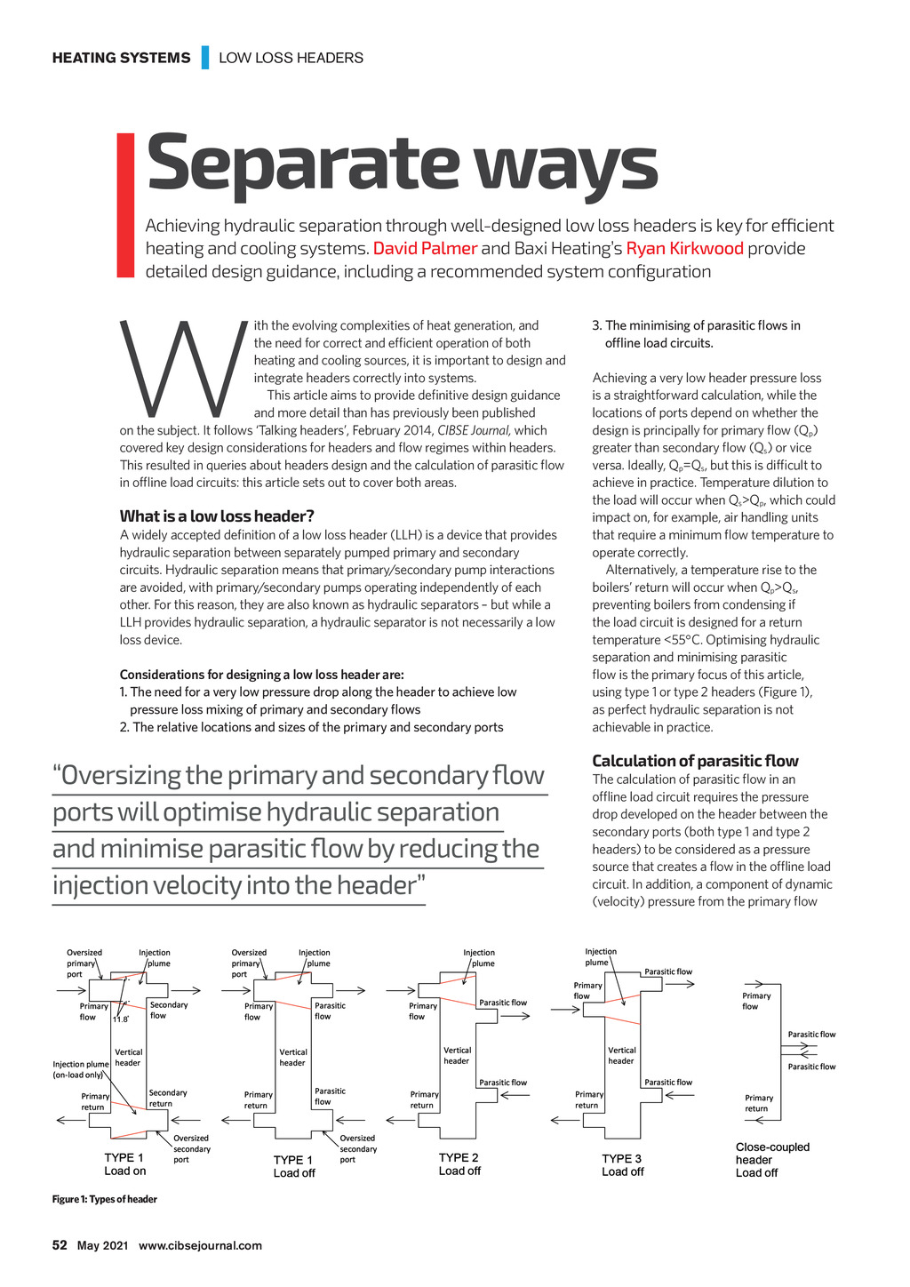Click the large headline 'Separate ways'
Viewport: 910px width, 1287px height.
point(402,164)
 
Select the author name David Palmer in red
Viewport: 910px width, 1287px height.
point(425,249)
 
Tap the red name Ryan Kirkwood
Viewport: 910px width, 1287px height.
point(684,249)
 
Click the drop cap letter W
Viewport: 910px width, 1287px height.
point(183,368)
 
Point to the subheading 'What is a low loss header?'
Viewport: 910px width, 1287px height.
point(217,516)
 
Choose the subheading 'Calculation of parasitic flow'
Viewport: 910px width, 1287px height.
point(695,761)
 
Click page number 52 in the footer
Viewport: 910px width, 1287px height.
point(60,1245)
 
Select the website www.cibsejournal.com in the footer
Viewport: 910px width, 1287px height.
point(200,1245)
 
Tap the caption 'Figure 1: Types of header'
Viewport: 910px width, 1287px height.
point(105,1200)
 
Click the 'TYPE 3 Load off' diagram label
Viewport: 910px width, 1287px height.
point(622,1165)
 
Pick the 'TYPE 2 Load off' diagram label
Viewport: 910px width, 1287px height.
point(459,1164)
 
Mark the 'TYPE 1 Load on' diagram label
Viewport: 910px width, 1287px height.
point(124,1164)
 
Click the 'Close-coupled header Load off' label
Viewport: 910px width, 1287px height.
point(772,1160)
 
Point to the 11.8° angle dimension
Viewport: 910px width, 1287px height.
point(120,1019)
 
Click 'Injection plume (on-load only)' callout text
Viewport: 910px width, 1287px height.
point(81,1069)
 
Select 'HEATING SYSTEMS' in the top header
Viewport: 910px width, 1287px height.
point(121,58)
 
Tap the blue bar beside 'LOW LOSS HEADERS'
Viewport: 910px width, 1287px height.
point(205,58)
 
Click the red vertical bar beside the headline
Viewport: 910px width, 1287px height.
point(125,204)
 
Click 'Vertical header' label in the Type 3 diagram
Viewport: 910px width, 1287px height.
point(621,1055)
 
